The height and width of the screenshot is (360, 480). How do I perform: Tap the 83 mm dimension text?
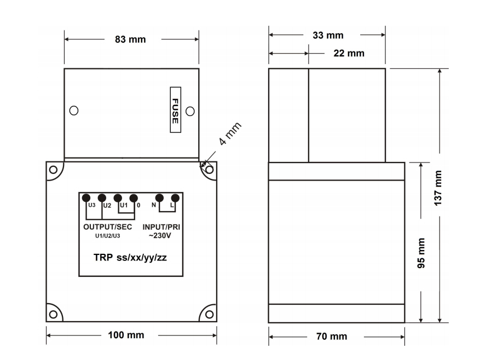pyautogui.click(x=130, y=40)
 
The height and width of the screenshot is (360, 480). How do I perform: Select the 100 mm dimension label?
pyautogui.click(x=128, y=335)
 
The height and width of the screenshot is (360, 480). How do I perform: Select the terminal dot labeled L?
pyautogui.click(x=175, y=198)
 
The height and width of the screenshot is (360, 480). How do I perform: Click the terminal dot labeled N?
pyautogui.click(x=159, y=198)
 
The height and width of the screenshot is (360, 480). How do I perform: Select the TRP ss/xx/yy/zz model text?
pyautogui.click(x=130, y=257)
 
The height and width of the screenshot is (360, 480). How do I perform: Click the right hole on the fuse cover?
pyautogui.click(x=190, y=111)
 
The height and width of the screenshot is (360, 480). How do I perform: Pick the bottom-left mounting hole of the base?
pyautogui.click(x=53, y=314)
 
